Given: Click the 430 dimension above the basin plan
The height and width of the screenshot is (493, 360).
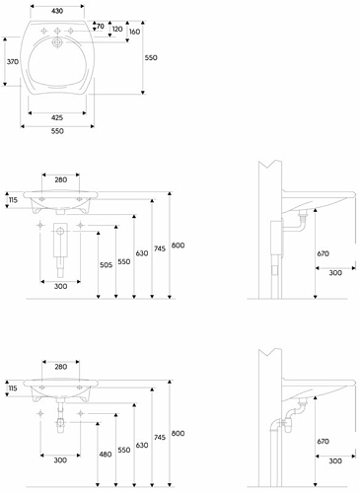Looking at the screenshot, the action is coord(57,11).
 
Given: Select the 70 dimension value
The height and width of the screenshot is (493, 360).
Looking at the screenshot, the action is coord(101,26).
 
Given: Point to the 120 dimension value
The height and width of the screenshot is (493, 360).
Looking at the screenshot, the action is coord(117,29).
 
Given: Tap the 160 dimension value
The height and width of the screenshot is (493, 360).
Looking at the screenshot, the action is coord(134,32).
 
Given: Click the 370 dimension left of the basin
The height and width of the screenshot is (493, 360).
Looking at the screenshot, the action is coord(13,61).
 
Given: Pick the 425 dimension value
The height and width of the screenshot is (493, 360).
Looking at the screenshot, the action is coord(57,117).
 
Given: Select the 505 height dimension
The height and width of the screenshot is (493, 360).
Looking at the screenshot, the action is coord(106,265).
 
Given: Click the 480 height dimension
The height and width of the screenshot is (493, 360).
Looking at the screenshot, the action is coord(106,455).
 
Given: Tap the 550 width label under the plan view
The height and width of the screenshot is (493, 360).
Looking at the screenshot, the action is coord(57,131).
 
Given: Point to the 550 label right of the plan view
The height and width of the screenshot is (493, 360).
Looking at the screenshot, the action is coord(151,57).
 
